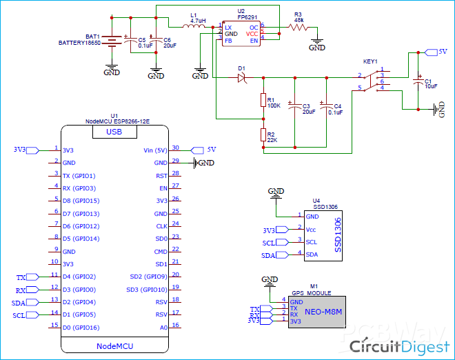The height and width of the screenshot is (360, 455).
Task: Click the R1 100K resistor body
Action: (263, 101)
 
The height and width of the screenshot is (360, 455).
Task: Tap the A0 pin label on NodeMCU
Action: (163, 327)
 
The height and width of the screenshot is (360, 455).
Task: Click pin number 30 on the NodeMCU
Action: (176, 148)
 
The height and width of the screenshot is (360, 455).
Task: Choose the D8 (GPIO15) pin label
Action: (81, 201)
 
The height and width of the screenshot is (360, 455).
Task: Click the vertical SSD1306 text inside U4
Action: (338, 236)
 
